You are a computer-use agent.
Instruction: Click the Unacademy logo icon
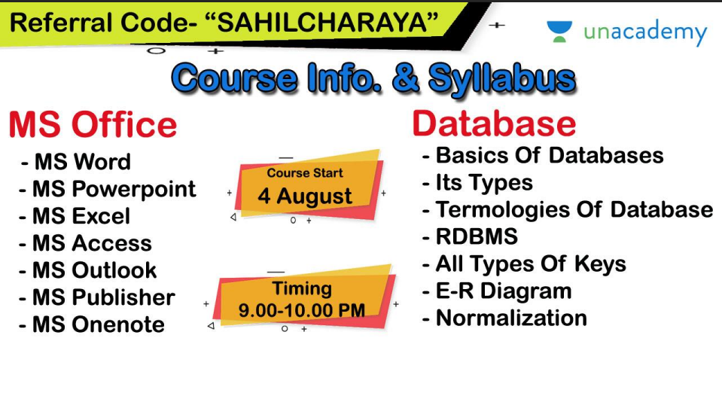coord(559,32)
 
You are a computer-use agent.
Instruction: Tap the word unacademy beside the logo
coord(645,32)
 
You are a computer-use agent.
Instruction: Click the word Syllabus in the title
coord(502,79)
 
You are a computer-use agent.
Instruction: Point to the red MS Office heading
coord(93,124)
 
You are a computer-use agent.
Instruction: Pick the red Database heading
coord(494,123)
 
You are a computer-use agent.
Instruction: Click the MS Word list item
coord(76,162)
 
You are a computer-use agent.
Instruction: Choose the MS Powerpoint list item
coord(108,189)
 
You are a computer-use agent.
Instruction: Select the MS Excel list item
coord(75,216)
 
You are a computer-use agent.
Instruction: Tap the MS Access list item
coord(85,243)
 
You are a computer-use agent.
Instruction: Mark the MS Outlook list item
coord(87,270)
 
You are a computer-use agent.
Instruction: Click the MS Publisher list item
coord(96,297)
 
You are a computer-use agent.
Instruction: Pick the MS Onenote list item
coord(92,324)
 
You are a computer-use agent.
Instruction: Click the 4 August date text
coord(305,196)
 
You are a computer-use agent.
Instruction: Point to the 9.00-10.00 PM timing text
coord(302,310)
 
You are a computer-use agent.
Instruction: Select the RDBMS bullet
coord(470,236)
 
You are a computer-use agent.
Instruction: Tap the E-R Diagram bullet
coord(497,291)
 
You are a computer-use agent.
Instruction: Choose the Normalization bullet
coord(504,318)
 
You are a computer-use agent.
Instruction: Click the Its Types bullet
coord(477,183)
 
